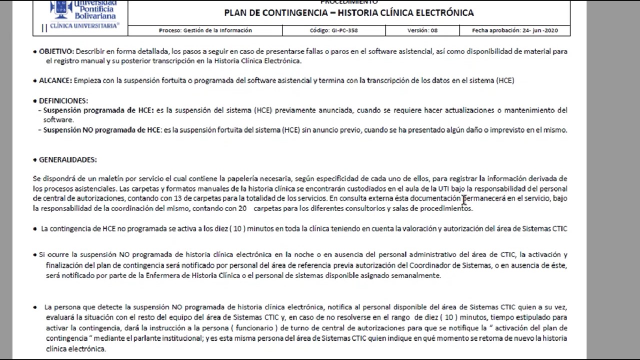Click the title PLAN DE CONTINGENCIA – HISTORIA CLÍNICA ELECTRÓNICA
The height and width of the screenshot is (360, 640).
click(348, 13)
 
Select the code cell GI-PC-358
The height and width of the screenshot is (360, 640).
click(333, 30)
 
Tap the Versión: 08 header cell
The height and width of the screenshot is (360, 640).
click(422, 30)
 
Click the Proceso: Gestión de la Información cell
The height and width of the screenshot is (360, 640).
click(205, 30)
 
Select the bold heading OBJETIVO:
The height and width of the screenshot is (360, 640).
click(56, 51)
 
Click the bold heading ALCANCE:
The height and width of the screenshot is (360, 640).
click(55, 80)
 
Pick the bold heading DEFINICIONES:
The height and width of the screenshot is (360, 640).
click(63, 100)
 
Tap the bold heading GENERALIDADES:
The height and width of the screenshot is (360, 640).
click(67, 160)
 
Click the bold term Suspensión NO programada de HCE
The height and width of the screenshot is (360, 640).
click(101, 130)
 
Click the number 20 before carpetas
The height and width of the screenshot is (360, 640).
click(242, 208)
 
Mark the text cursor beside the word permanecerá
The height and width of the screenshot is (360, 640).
click(464, 199)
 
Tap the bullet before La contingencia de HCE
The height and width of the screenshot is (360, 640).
click(35, 229)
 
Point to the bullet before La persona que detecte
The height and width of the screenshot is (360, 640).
click(35, 307)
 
